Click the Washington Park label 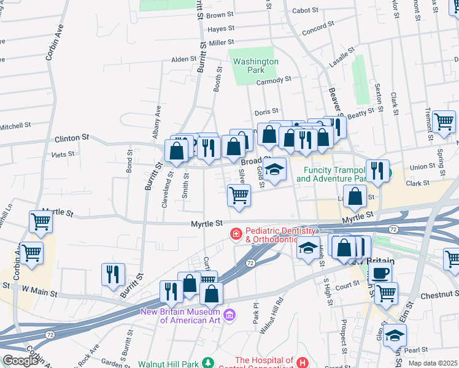point(256,66)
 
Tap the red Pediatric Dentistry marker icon point(235,234)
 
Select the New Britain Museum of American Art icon point(229,315)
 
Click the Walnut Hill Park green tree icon point(209,362)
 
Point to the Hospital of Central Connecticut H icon point(302,363)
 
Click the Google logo point(20,361)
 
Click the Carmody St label point(273,80)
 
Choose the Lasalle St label point(342,55)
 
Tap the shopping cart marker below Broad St point(239,196)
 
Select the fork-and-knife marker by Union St point(377,171)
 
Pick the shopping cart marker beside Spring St point(443,121)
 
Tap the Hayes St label point(221,29)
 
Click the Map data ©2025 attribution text point(433,363)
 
